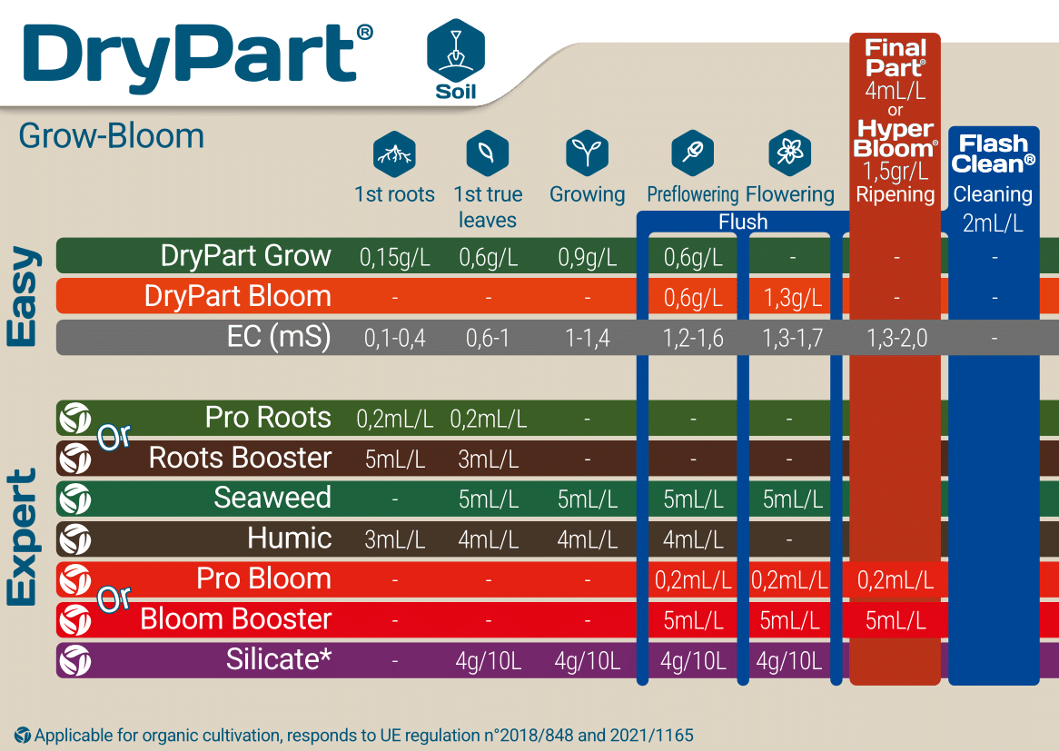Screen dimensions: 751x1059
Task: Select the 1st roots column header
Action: click(x=394, y=194)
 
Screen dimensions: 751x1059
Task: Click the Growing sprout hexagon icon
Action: click(x=587, y=153)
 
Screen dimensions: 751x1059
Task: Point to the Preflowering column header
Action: click(x=693, y=194)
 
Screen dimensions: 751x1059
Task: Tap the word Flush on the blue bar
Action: click(x=743, y=222)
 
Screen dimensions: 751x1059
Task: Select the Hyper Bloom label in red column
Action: click(x=896, y=138)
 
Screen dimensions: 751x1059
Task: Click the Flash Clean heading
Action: click(x=995, y=153)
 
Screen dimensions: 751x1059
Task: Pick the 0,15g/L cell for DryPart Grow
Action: click(x=394, y=257)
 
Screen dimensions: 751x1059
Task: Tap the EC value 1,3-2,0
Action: click(x=896, y=338)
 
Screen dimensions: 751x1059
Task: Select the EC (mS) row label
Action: click(x=279, y=337)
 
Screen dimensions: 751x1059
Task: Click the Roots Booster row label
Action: click(x=240, y=458)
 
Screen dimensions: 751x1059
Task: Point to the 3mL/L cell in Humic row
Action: click(x=394, y=539)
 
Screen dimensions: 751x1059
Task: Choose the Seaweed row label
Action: click(x=272, y=498)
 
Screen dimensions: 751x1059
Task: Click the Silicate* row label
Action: click(x=279, y=659)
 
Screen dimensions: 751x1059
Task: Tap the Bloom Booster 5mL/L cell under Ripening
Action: click(x=896, y=619)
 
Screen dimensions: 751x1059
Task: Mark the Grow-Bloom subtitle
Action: click(x=111, y=136)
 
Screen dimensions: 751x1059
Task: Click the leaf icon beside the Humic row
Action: click(x=75, y=539)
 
